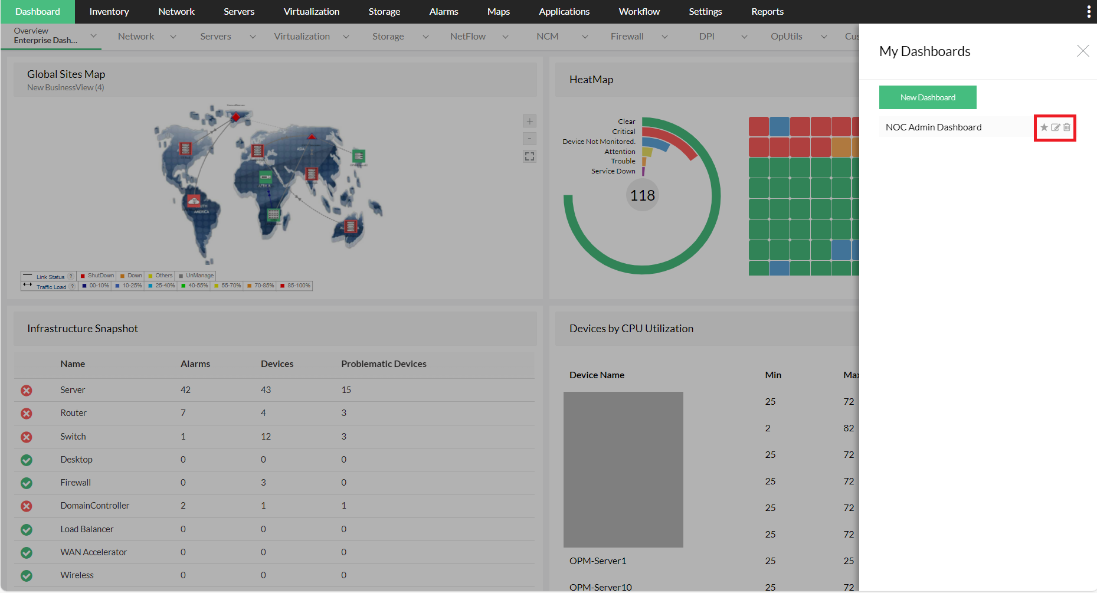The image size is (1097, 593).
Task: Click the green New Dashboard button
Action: (927, 97)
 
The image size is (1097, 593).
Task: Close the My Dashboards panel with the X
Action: (1082, 51)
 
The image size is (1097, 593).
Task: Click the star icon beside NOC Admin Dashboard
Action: (1044, 127)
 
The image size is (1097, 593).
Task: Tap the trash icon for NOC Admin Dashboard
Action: (1067, 127)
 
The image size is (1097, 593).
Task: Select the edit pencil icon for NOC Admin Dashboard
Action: (1056, 127)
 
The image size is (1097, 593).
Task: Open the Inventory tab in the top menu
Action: (109, 12)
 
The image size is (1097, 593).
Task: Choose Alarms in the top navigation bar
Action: (444, 12)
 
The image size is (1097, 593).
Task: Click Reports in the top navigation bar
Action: (767, 12)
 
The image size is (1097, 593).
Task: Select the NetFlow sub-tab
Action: (468, 37)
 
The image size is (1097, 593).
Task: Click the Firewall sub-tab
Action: (627, 37)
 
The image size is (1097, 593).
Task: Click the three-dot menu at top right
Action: (1089, 12)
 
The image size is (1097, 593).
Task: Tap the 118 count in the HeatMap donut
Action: (642, 195)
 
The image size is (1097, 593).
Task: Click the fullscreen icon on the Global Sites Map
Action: (529, 156)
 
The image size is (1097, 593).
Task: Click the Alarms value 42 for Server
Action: (185, 390)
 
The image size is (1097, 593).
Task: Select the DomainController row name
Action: (94, 506)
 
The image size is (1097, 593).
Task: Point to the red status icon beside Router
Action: (27, 414)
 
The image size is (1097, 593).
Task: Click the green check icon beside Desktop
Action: (27, 460)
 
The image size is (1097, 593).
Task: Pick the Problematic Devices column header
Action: (384, 364)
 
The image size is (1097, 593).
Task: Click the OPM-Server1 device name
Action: (598, 561)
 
